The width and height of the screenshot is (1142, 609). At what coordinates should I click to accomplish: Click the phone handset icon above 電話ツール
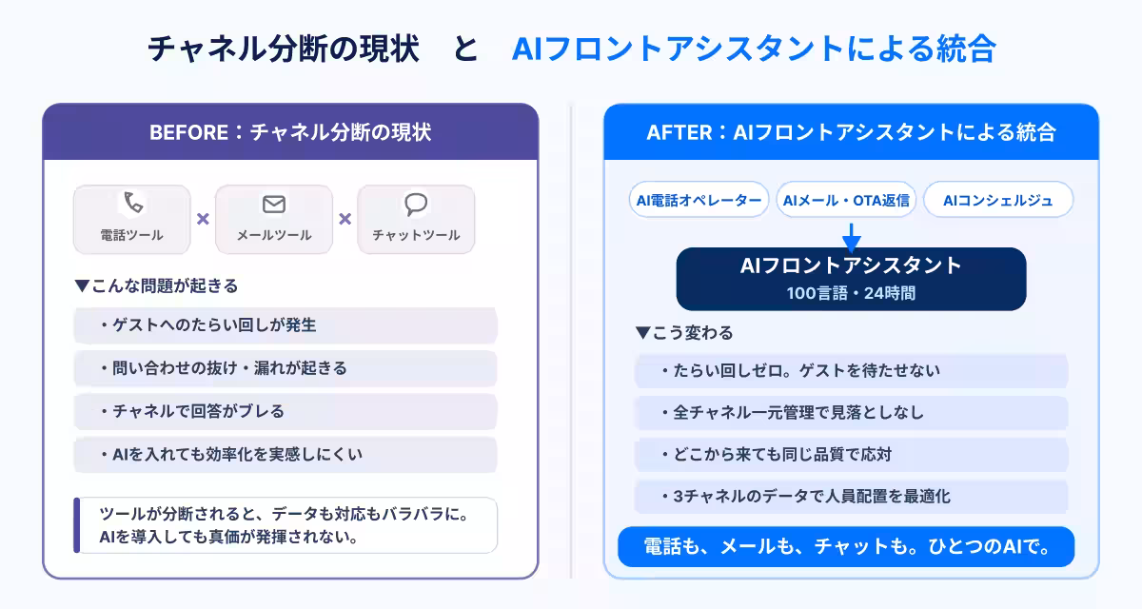tap(133, 203)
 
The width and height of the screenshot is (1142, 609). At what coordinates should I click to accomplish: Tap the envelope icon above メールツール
tap(274, 204)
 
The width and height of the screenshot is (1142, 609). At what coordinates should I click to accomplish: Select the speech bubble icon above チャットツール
tap(416, 204)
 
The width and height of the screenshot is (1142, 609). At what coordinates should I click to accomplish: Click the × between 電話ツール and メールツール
tap(203, 219)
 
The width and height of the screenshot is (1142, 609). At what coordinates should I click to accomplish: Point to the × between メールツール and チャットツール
tap(345, 219)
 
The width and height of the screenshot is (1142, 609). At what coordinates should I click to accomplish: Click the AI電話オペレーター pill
tap(699, 200)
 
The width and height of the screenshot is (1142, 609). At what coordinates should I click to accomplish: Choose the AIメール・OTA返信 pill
tap(846, 200)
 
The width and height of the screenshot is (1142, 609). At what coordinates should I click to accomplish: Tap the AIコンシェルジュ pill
tap(998, 200)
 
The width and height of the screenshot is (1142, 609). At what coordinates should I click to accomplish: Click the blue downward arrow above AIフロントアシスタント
tap(852, 238)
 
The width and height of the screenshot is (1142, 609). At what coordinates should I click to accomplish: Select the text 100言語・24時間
tap(851, 293)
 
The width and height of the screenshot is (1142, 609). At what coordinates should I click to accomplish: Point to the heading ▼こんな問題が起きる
tap(156, 285)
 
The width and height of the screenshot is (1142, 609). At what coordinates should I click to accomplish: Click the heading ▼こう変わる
tap(684, 333)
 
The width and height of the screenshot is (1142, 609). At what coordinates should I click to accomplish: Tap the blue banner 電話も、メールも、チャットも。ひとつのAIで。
tap(846, 546)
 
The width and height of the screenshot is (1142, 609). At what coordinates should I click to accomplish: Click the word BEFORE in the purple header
tap(189, 132)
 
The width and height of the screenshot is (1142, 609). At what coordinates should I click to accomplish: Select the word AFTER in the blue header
tap(679, 132)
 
